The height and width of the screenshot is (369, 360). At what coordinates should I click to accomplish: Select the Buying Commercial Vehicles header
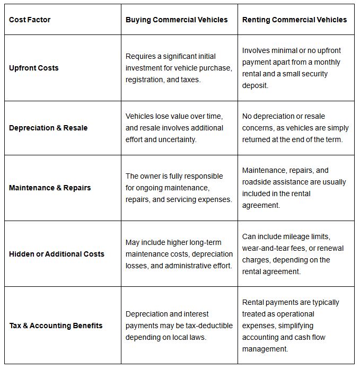(x=177, y=20)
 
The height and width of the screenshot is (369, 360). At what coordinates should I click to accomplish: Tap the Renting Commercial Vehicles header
(x=294, y=20)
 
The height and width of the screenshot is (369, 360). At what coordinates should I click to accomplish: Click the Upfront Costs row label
(x=34, y=68)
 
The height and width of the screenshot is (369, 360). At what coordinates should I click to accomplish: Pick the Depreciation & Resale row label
(x=48, y=128)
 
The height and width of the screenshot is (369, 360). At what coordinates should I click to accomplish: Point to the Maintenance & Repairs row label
(x=50, y=188)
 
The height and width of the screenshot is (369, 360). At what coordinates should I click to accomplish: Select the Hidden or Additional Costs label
(x=57, y=254)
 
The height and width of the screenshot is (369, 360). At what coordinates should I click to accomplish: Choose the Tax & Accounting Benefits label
(x=56, y=326)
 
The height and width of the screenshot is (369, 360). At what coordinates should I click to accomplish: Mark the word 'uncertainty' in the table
(x=174, y=139)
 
